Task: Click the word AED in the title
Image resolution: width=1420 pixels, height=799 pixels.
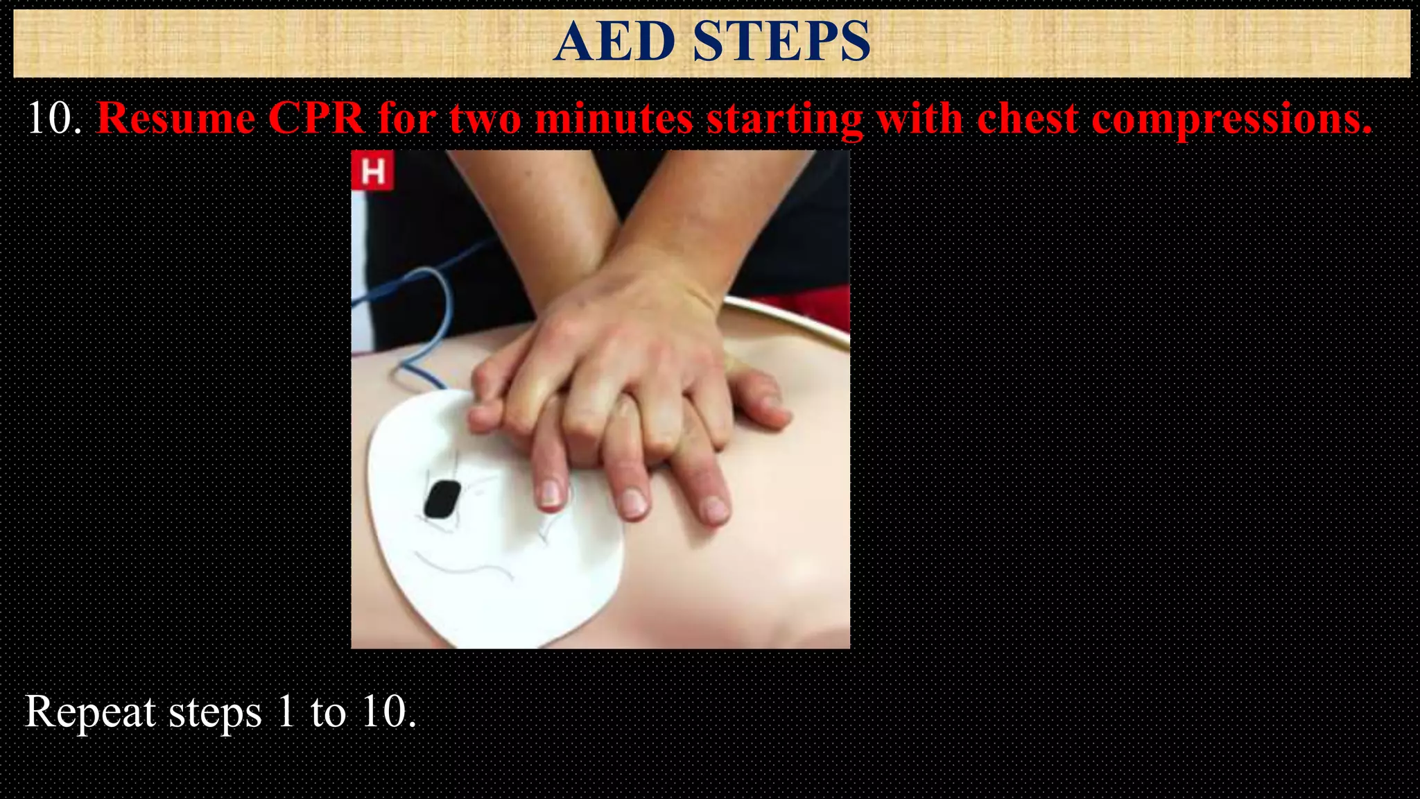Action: [614, 42]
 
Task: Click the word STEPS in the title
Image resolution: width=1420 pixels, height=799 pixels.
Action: [781, 42]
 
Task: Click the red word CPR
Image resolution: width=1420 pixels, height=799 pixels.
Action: [316, 118]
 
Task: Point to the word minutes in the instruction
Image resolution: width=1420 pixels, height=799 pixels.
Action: [614, 118]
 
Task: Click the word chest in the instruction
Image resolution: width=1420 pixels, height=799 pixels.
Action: [1028, 118]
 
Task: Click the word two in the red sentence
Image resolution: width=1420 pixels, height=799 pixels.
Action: [485, 119]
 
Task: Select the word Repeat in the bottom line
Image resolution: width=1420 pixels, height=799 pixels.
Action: [91, 712]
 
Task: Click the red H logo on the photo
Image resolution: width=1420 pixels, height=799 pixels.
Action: [373, 171]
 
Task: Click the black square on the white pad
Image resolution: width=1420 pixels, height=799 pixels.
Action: [442, 499]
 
